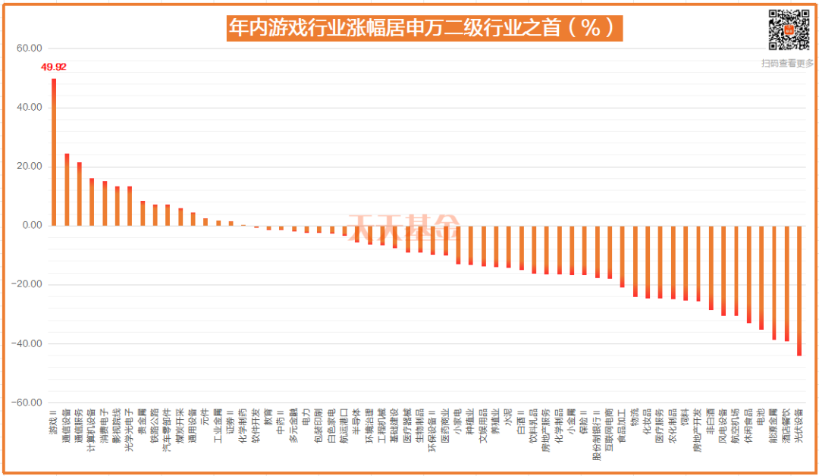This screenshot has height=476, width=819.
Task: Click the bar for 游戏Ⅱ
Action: [53, 152]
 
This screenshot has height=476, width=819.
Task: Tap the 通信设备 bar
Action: [67, 189]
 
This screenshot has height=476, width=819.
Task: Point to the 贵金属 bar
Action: [143, 213]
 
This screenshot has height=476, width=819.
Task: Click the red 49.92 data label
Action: [53, 67]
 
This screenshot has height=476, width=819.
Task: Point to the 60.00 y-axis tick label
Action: [29, 48]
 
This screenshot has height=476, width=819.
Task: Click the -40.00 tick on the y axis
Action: [27, 344]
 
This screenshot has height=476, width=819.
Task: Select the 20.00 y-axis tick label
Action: [29, 167]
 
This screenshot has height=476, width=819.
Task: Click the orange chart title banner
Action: [424, 28]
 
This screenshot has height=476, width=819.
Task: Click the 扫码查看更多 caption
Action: [787, 64]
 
